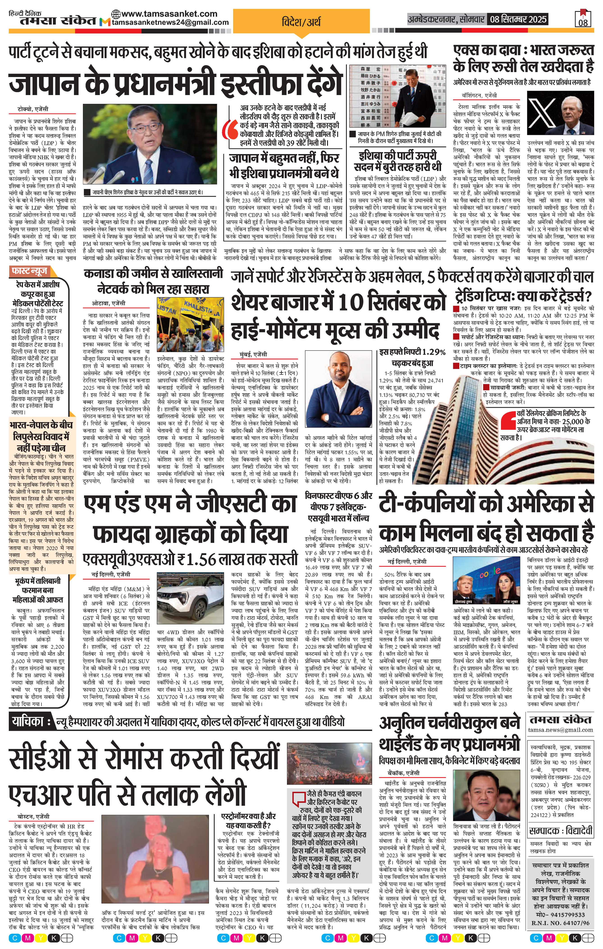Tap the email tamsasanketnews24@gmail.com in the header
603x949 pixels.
click(x=170, y=23)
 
